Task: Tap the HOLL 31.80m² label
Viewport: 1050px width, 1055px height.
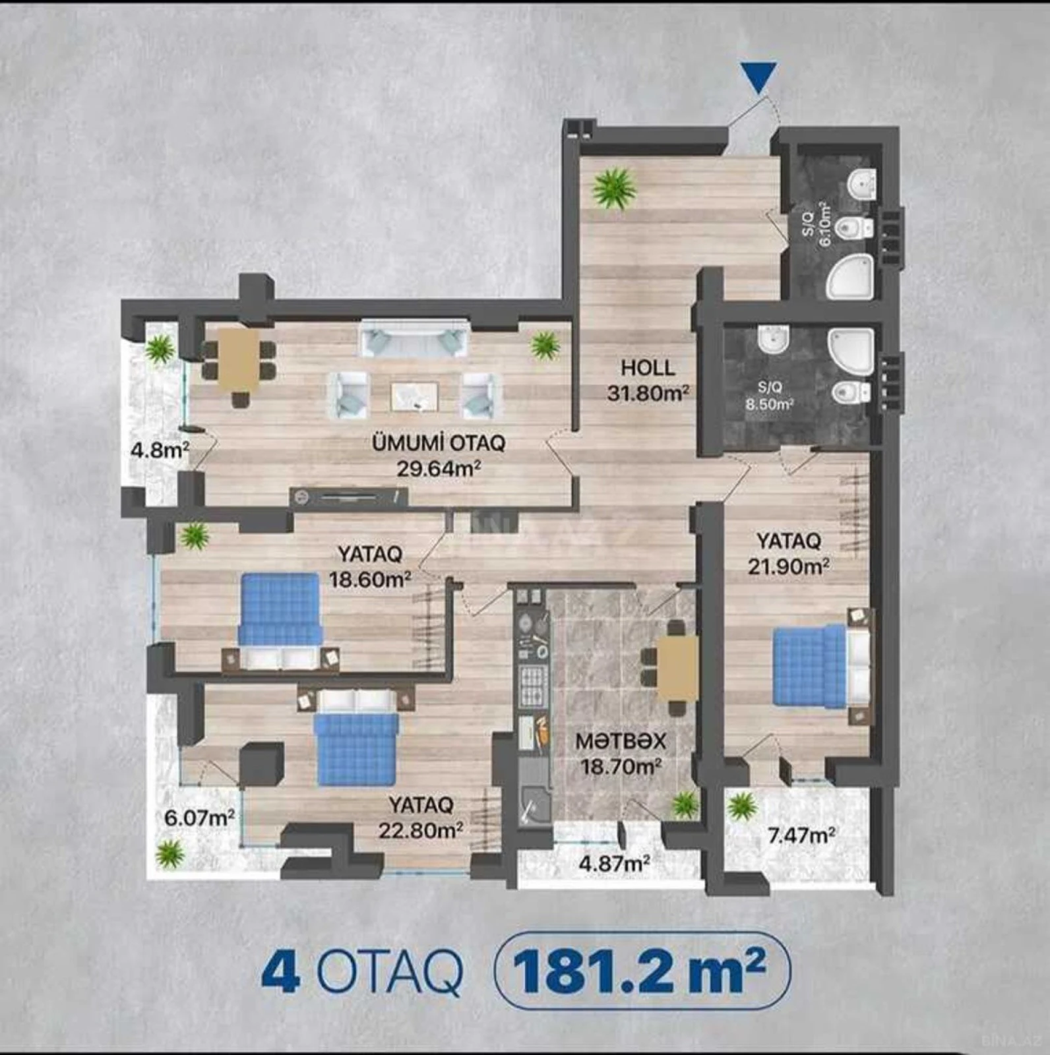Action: tap(648, 380)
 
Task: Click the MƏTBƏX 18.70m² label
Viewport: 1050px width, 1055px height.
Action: tap(620, 754)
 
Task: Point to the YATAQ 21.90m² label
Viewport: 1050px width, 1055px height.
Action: tap(788, 553)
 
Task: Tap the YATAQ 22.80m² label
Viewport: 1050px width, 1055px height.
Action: tap(420, 817)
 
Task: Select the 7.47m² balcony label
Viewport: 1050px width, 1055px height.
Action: tap(803, 835)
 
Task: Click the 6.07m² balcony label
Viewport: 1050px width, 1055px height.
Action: tap(199, 818)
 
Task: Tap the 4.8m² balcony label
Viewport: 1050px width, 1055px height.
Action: tap(160, 451)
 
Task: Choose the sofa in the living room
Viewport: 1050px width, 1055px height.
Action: tap(414, 340)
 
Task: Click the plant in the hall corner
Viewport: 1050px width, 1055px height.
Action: tap(614, 189)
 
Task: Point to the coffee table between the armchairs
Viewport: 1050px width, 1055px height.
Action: tap(414, 396)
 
